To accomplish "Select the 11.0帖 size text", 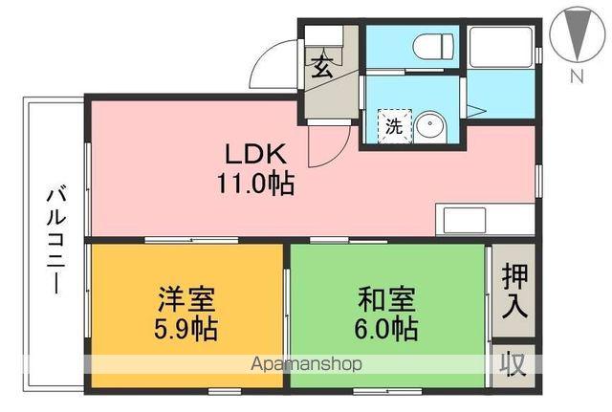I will pyautogui.click(x=253, y=183).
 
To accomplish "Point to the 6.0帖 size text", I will pyautogui.click(x=386, y=330).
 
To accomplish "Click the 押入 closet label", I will pyautogui.click(x=514, y=292).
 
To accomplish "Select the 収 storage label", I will pyautogui.click(x=514, y=364).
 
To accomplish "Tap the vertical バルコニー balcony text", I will pyautogui.click(x=55, y=240).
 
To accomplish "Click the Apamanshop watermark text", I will pyautogui.click(x=305, y=364).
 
